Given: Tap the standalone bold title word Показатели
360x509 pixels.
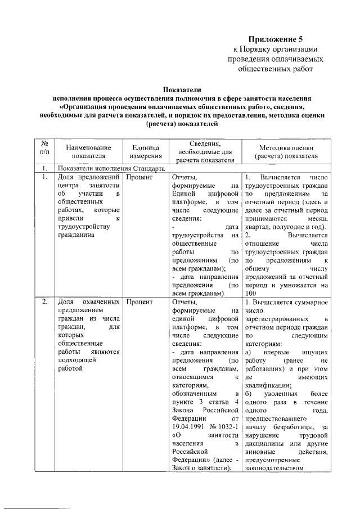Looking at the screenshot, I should [181, 89].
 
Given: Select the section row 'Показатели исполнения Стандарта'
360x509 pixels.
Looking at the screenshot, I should [111, 168].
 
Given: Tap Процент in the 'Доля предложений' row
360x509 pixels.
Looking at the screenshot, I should [139, 177].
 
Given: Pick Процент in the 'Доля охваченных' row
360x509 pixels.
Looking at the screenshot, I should [139, 302].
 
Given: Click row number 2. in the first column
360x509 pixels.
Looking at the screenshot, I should [44, 302].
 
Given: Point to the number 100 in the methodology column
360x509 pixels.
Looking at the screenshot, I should [251, 294].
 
